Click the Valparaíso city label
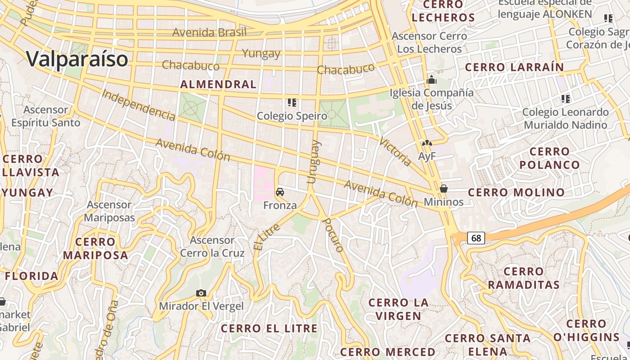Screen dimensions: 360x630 click(x=77, y=59)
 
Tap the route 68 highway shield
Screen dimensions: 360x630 click(x=476, y=238)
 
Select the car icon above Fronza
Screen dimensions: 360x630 click(x=280, y=192)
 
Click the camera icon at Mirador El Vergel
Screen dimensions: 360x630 click(x=201, y=293)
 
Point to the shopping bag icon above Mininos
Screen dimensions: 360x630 click(x=444, y=189)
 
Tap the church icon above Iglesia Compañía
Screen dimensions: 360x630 click(x=432, y=80)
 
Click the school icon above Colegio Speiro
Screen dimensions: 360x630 click(x=292, y=103)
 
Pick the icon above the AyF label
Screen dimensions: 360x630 click(x=427, y=144)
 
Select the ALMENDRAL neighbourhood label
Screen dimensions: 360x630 click(x=218, y=84)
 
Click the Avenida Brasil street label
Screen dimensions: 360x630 click(x=210, y=32)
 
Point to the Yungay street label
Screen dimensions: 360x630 click(x=261, y=54)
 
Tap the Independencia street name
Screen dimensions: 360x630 click(x=139, y=105)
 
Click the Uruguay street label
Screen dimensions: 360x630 click(x=314, y=162)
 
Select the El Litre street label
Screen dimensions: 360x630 click(x=267, y=237)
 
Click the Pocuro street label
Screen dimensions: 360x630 click(x=333, y=235)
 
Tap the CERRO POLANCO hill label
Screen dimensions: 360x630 click(x=549, y=158)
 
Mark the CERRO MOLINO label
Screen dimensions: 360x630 click(x=516, y=193)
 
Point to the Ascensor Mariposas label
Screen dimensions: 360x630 click(x=109, y=211)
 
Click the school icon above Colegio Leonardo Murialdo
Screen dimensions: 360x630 click(x=566, y=99)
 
